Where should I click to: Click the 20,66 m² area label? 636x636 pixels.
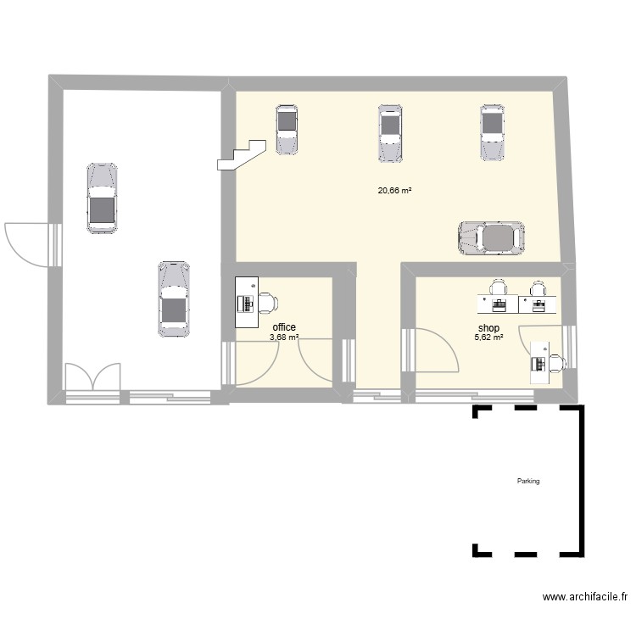coord(394,190)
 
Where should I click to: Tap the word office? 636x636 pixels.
coord(284,327)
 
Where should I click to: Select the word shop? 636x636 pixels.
coord(488,327)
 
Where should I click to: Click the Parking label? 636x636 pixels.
coord(528,481)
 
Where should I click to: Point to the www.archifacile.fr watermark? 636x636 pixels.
coord(585,597)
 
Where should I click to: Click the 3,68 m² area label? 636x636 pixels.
coord(284,337)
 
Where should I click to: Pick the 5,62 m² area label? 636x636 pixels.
coord(488,337)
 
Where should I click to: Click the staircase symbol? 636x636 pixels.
coord(242,155)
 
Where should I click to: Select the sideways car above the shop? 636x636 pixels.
coord(491,238)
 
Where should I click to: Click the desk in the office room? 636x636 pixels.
coord(247,302)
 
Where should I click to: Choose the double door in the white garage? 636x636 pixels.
coord(93,377)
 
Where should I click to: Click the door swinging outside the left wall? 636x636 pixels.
coord(27,245)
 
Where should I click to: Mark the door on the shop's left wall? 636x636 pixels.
coord(438,350)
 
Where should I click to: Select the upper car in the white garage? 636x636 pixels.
coord(103,198)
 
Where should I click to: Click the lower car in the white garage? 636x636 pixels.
coord(174,299)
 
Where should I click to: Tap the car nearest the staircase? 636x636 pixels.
coord(287,130)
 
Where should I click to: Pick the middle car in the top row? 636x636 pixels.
coord(390,133)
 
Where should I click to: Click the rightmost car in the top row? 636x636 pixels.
coord(493,132)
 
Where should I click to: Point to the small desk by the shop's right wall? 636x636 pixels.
coord(540,362)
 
